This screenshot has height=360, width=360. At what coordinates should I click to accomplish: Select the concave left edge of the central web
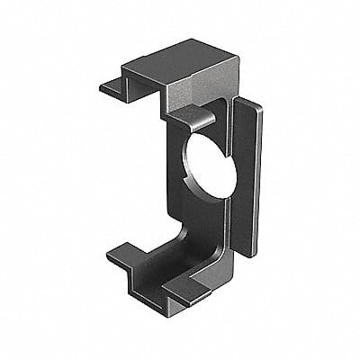pos(176,180)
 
